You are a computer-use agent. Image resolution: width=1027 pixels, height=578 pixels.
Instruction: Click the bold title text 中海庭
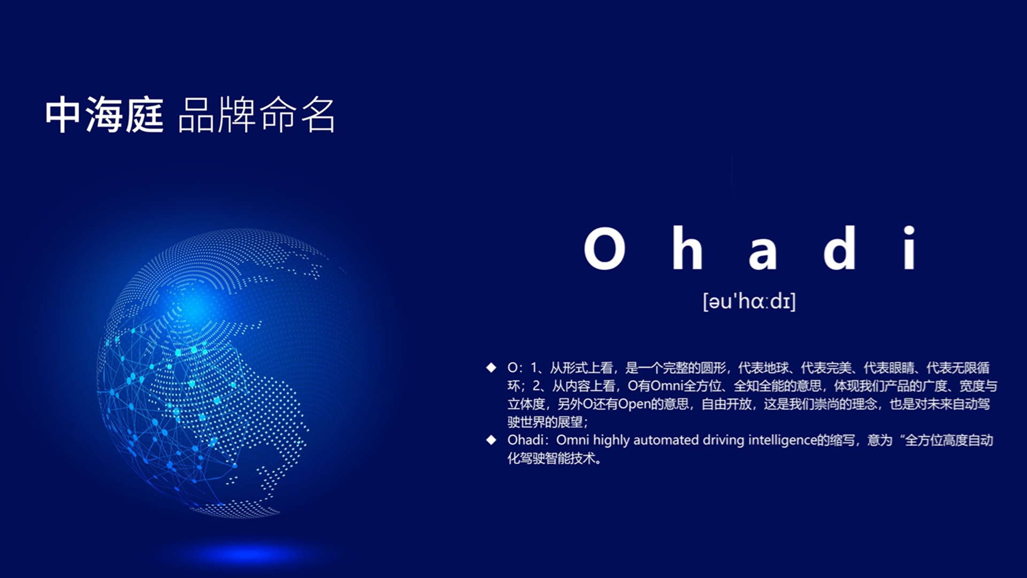click(104, 115)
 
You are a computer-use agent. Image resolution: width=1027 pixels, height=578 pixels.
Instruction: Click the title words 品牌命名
click(256, 115)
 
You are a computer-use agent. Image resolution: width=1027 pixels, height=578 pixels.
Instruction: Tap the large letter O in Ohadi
click(604, 248)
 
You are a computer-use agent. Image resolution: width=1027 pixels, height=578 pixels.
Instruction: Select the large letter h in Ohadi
click(687, 247)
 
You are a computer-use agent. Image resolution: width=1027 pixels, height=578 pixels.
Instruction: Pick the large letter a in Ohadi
click(762, 253)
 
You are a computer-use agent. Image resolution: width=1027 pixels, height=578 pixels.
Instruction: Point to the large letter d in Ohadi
click(840, 247)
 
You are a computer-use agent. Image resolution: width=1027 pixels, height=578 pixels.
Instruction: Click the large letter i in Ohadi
click(909, 247)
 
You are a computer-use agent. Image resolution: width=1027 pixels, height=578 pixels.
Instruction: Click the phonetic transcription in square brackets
click(749, 301)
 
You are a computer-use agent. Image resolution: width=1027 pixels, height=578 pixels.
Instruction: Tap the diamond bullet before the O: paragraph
click(491, 368)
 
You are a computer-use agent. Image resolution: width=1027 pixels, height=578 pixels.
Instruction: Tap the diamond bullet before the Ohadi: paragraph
click(491, 440)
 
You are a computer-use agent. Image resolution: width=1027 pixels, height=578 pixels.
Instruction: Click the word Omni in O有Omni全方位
click(666, 386)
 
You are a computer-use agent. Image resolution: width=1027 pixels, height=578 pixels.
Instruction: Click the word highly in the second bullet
click(611, 440)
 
